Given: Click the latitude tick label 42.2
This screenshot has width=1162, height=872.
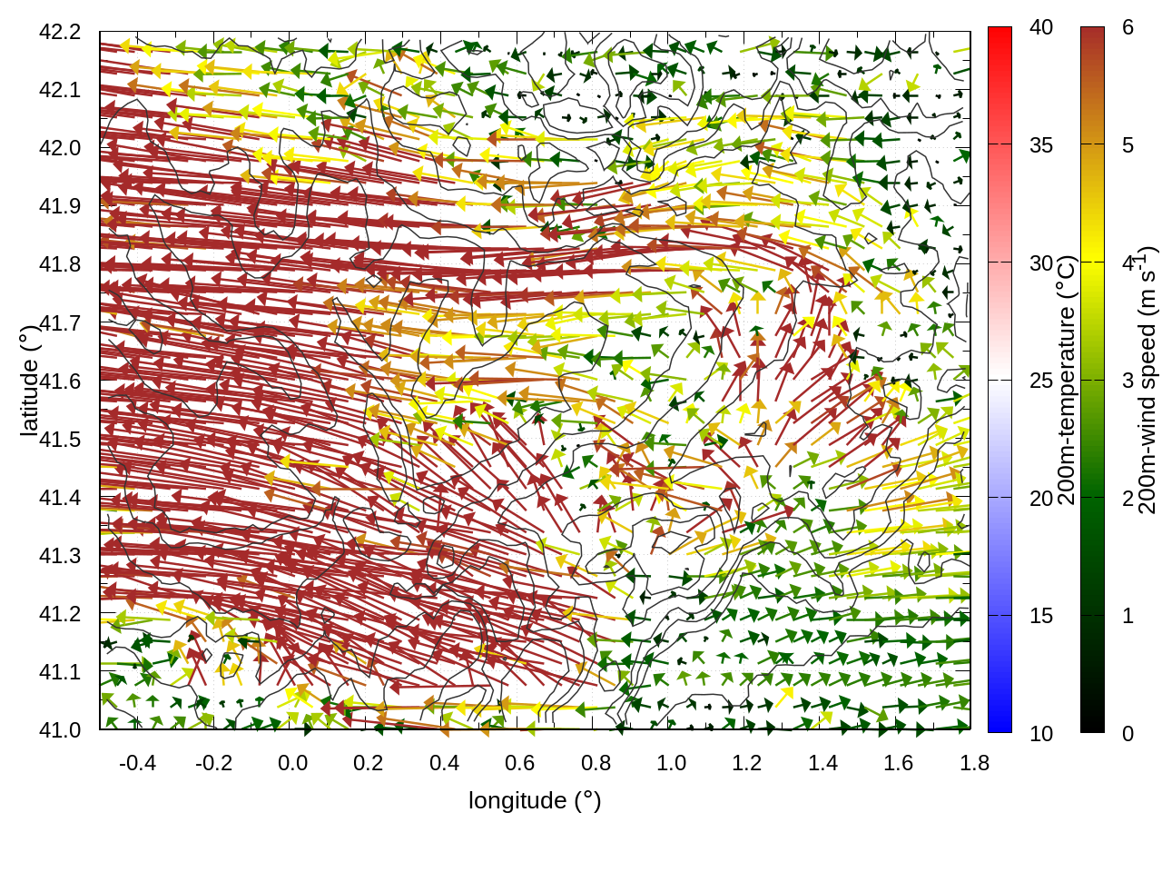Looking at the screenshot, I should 60,32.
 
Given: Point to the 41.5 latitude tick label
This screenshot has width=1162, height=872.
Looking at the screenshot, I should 60,440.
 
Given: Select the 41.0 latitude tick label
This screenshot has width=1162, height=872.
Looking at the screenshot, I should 60,730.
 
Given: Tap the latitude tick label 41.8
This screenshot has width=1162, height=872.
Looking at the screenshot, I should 60,264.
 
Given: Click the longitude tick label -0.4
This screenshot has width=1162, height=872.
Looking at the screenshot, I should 137,763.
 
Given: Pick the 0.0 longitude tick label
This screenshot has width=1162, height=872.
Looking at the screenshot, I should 292,763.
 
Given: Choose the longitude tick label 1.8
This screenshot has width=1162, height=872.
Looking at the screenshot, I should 974,763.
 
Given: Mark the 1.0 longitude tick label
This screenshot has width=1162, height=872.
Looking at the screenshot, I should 671,763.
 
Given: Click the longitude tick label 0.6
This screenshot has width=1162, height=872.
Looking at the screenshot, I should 519,763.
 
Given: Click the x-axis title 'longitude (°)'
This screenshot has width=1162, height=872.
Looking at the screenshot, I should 535,800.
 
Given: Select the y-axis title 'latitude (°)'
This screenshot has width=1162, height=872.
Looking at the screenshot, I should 29,381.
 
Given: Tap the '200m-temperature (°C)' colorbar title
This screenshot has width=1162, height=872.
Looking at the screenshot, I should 1068,380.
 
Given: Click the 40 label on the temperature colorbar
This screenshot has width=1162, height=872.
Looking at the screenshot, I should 1041,27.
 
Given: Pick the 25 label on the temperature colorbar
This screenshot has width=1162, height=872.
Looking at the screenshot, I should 1041,381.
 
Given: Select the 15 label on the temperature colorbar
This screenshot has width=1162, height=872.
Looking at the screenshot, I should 1041,616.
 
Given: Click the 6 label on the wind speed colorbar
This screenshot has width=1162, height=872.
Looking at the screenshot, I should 1128,27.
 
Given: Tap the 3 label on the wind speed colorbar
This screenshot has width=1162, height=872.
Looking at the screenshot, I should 1128,381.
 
